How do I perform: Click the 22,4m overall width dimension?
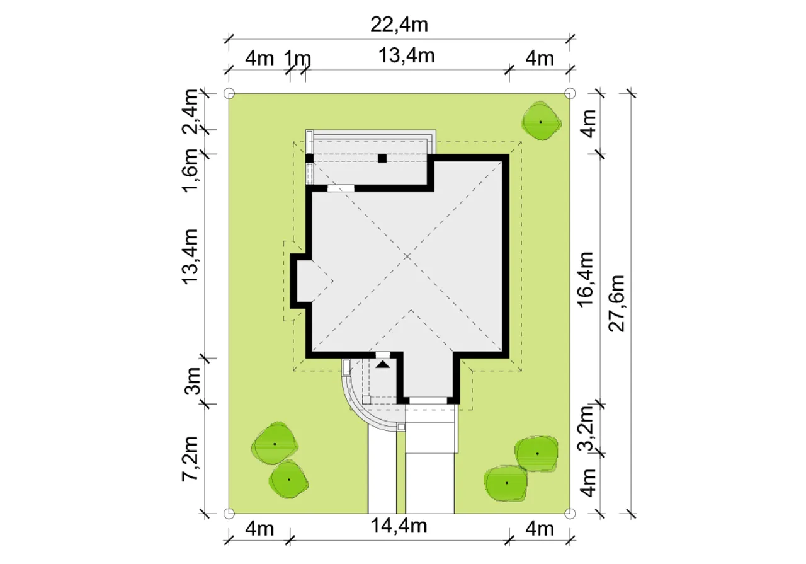click(399, 25)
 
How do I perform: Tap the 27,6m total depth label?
click(616, 303)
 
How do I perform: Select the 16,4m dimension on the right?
click(585, 279)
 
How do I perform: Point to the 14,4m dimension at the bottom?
click(399, 526)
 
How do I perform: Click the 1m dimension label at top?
click(297, 59)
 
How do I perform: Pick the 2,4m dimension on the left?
click(190, 112)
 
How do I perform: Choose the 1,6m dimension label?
click(190, 170)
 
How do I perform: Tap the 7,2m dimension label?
click(190, 459)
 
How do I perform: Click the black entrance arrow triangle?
click(383, 364)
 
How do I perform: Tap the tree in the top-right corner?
click(541, 122)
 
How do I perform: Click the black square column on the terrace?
click(382, 158)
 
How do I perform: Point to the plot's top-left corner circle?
click(229, 94)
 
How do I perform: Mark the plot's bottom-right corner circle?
click(570, 514)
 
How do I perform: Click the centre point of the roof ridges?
click(407, 256)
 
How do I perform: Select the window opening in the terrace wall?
click(341, 188)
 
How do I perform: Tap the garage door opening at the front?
click(428, 400)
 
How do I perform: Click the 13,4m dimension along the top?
click(407, 56)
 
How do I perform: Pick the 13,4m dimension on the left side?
click(190, 256)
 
